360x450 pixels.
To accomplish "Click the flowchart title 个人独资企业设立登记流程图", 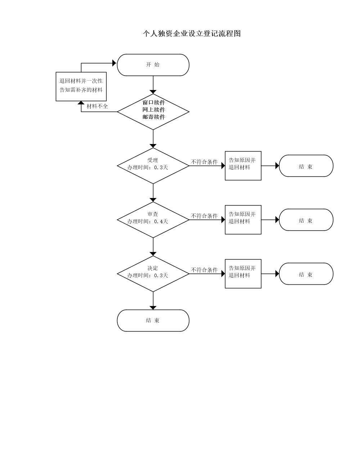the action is coord(192,33).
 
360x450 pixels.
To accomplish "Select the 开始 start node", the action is coord(153,65).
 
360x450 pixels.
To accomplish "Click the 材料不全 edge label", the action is coord(97,106).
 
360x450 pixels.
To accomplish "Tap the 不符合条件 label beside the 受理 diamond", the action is coord(204,162).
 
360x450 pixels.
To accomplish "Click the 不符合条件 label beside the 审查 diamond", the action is coord(204,216).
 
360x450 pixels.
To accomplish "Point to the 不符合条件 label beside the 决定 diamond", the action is coord(204,270).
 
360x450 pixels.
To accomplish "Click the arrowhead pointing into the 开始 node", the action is coord(114,63).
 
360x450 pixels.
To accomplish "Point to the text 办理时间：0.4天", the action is coord(148,221).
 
